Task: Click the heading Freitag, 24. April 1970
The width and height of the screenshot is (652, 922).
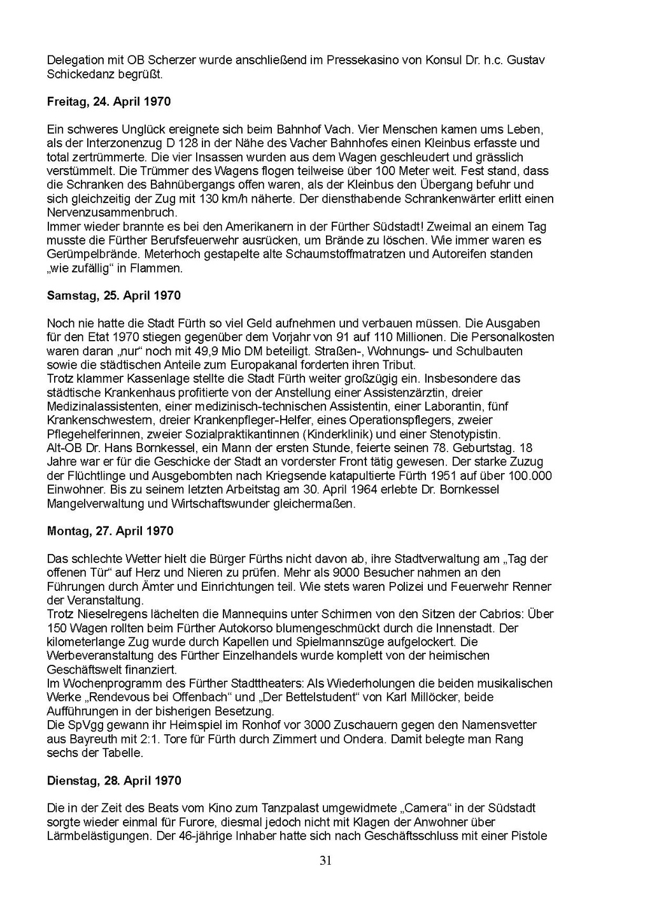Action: pos(109,101)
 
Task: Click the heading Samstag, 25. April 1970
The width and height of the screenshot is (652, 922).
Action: pos(114,295)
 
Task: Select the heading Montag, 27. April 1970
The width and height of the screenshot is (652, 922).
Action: pos(110,531)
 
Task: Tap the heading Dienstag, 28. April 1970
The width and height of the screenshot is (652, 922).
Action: pos(114,781)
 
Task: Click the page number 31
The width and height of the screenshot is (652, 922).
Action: pos(325,861)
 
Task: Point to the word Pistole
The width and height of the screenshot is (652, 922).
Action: pos(527,836)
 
